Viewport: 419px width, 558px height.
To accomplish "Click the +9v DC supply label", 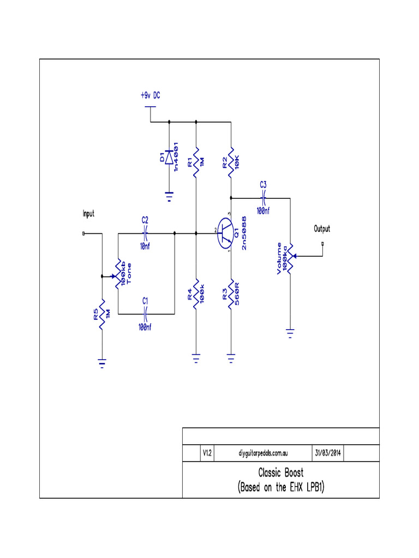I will (x=150, y=95).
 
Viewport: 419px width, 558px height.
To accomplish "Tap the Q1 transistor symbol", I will (x=225, y=234).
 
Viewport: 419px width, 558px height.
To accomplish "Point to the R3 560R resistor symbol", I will (x=231, y=295).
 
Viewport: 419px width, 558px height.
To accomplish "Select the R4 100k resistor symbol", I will (x=196, y=295).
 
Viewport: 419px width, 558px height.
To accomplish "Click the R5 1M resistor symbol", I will (x=101, y=313).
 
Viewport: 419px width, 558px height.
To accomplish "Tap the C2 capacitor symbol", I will (x=145, y=233).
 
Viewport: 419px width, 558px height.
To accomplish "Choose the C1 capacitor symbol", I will (x=145, y=314).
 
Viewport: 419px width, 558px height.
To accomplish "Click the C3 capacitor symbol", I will (x=263, y=197).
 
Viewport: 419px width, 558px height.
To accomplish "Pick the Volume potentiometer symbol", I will (x=290, y=256).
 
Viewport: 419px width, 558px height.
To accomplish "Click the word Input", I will (x=88, y=214).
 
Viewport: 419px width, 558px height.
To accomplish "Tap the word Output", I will (x=322, y=229).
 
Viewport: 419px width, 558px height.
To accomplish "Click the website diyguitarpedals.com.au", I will (x=264, y=453).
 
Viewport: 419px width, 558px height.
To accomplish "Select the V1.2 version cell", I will (x=207, y=453).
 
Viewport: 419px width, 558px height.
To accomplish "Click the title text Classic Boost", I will (x=280, y=472).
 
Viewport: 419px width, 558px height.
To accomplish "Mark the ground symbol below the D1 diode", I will (x=169, y=195).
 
